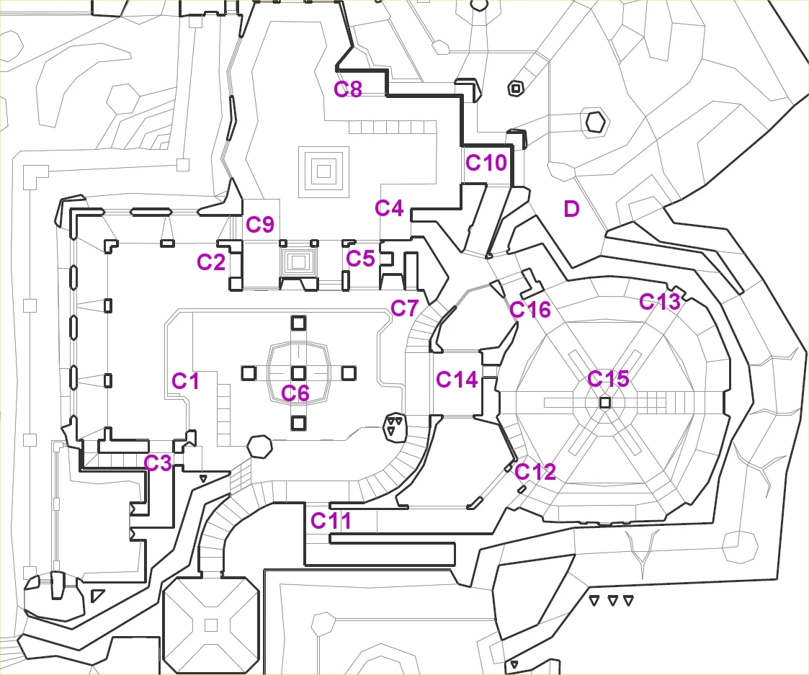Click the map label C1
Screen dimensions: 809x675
coord(185,381)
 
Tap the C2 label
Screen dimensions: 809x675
coord(212,262)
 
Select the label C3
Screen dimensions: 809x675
coord(157,463)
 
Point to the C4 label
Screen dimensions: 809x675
coord(389,208)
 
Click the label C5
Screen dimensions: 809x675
coord(360,258)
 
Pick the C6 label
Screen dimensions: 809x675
coord(295,393)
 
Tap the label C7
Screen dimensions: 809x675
coord(404,308)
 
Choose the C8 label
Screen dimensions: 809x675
coord(348,89)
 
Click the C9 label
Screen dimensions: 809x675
coord(260,225)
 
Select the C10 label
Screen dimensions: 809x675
coord(486,163)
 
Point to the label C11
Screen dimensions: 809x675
coord(331,521)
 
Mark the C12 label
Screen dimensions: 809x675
coord(535,471)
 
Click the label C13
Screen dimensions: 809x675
coord(659,301)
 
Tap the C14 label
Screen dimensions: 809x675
coord(457,380)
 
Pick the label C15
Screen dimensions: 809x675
coord(608,379)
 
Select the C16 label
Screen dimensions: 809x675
coord(530,310)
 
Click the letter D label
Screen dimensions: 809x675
coord(571,209)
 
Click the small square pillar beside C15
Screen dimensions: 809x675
coord(605,402)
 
